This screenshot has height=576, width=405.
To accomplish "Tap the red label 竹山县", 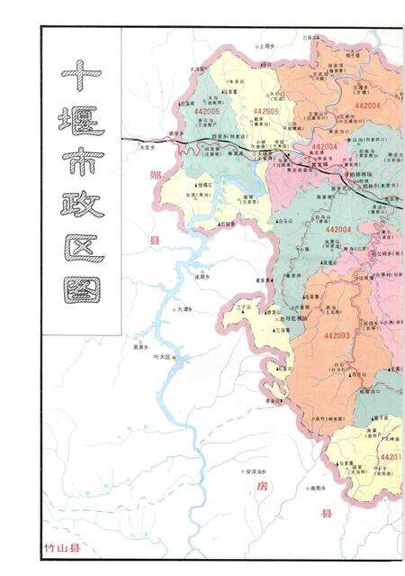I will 61,548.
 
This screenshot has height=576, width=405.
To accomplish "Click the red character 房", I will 262,487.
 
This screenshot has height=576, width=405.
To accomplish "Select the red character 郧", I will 155,178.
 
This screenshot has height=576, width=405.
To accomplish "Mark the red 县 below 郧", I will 154,241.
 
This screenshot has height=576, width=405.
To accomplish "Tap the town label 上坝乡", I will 265,44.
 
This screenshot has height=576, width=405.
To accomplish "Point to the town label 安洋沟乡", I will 255,471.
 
